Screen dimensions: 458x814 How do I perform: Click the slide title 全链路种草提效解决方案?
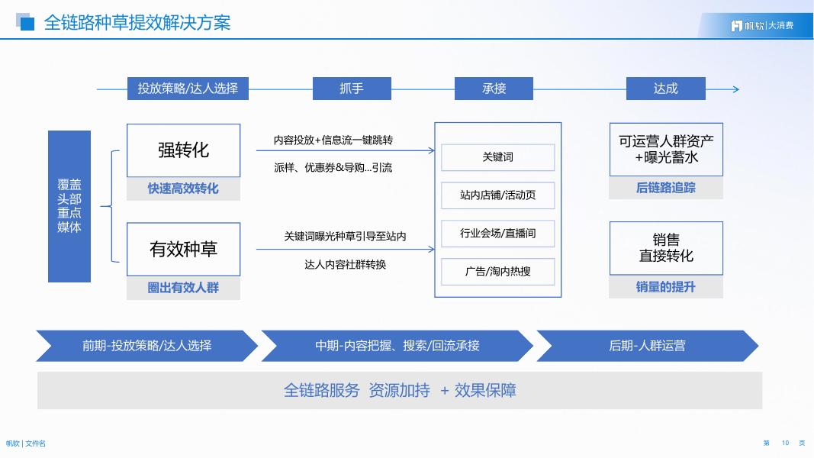point(137,23)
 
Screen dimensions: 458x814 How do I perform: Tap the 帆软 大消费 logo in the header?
point(762,26)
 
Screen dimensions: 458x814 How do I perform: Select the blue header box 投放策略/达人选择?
point(188,89)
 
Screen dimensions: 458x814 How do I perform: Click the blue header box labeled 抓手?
point(352,89)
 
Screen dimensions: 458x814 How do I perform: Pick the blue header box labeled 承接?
point(494,89)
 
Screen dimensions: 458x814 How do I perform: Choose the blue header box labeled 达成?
point(665,89)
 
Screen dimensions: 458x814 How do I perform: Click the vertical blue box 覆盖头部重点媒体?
point(69,206)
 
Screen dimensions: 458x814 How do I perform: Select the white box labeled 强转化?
point(183,150)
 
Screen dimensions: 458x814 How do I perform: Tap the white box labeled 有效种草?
point(183,249)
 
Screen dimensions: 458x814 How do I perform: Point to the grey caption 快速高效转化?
point(183,189)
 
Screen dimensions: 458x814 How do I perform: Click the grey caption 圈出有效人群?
point(183,288)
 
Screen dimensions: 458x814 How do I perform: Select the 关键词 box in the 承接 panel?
point(497,157)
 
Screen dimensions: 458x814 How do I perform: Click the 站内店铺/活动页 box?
point(497,195)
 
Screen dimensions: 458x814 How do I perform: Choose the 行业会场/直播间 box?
point(497,234)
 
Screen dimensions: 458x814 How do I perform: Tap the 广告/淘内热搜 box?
point(497,272)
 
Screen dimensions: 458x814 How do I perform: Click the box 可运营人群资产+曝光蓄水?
point(666,150)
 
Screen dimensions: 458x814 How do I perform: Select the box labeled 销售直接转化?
point(666,248)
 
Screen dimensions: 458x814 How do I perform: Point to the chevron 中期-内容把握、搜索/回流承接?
point(397,346)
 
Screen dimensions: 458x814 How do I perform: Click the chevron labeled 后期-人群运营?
point(647,346)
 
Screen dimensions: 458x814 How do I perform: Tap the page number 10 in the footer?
point(785,443)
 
